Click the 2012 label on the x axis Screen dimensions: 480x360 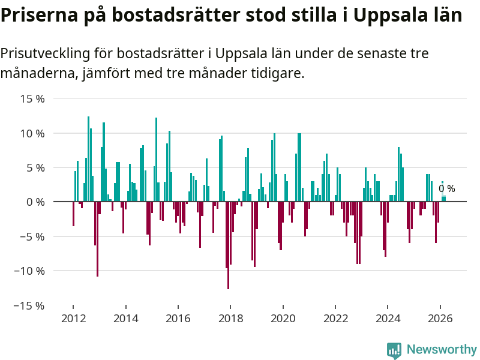point(73,319)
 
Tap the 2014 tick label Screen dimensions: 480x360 point(126,319)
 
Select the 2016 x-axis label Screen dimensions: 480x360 point(178,319)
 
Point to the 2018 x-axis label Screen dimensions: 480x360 point(230,319)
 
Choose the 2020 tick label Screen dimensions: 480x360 point(283,319)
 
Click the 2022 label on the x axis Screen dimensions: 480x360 point(335,319)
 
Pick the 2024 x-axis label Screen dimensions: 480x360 point(388,319)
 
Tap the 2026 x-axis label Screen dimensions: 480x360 point(440,319)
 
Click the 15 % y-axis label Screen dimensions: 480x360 point(32,99)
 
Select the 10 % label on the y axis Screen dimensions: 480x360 point(32,133)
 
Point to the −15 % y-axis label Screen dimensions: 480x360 point(29,305)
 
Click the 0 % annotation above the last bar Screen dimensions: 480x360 point(447,188)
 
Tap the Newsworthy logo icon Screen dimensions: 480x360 point(394,350)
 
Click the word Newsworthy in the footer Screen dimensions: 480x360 point(442,349)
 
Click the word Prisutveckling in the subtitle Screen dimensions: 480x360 point(46,53)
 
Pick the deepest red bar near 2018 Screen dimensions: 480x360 point(229,245)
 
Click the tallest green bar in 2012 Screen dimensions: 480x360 point(88,159)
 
